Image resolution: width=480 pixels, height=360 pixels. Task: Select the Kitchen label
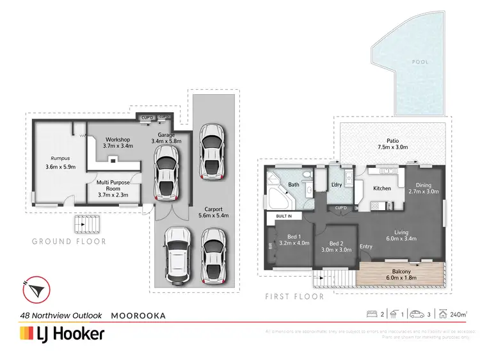click(x=382, y=188)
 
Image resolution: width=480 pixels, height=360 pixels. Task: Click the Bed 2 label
click(x=337, y=247)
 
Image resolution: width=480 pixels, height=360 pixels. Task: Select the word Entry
click(x=366, y=247)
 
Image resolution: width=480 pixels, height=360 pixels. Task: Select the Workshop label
click(x=118, y=143)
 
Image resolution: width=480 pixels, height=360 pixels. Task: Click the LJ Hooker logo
click(x=63, y=334)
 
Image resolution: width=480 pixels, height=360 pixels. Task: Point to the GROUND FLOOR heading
click(x=69, y=241)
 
